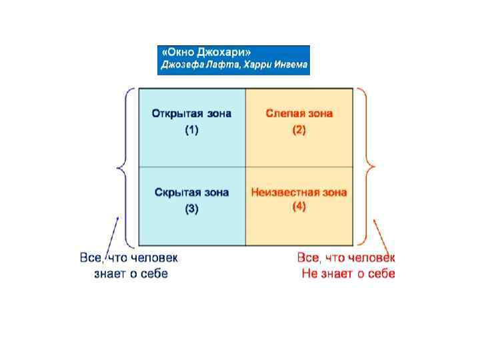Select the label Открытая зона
pyautogui.click(x=191, y=113)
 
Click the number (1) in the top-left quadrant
pyautogui.click(x=191, y=130)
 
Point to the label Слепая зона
pyautogui.click(x=299, y=113)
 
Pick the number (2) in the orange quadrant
pyautogui.click(x=299, y=130)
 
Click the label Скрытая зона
pyautogui.click(x=191, y=193)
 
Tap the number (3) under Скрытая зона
pyautogui.click(x=191, y=209)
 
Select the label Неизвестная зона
pyautogui.click(x=299, y=193)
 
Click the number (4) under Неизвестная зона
pyautogui.click(x=299, y=207)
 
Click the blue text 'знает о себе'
pyautogui.click(x=131, y=274)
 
